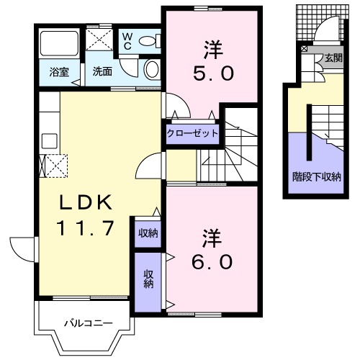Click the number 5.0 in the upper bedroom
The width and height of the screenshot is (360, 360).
tap(212, 73)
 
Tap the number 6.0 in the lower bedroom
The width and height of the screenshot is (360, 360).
tap(212, 261)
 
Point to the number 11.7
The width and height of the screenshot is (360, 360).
tap(85, 229)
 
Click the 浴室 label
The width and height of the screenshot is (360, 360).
tap(60, 72)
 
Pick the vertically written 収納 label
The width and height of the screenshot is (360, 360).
tap(148, 279)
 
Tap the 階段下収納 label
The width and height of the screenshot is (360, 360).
tap(316, 176)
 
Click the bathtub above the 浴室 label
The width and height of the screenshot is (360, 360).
tap(58, 44)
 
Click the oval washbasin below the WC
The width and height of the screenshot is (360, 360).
tap(152, 69)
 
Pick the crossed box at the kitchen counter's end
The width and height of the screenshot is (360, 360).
tap(55, 166)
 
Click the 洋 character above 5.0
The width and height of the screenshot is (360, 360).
tap(212, 50)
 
